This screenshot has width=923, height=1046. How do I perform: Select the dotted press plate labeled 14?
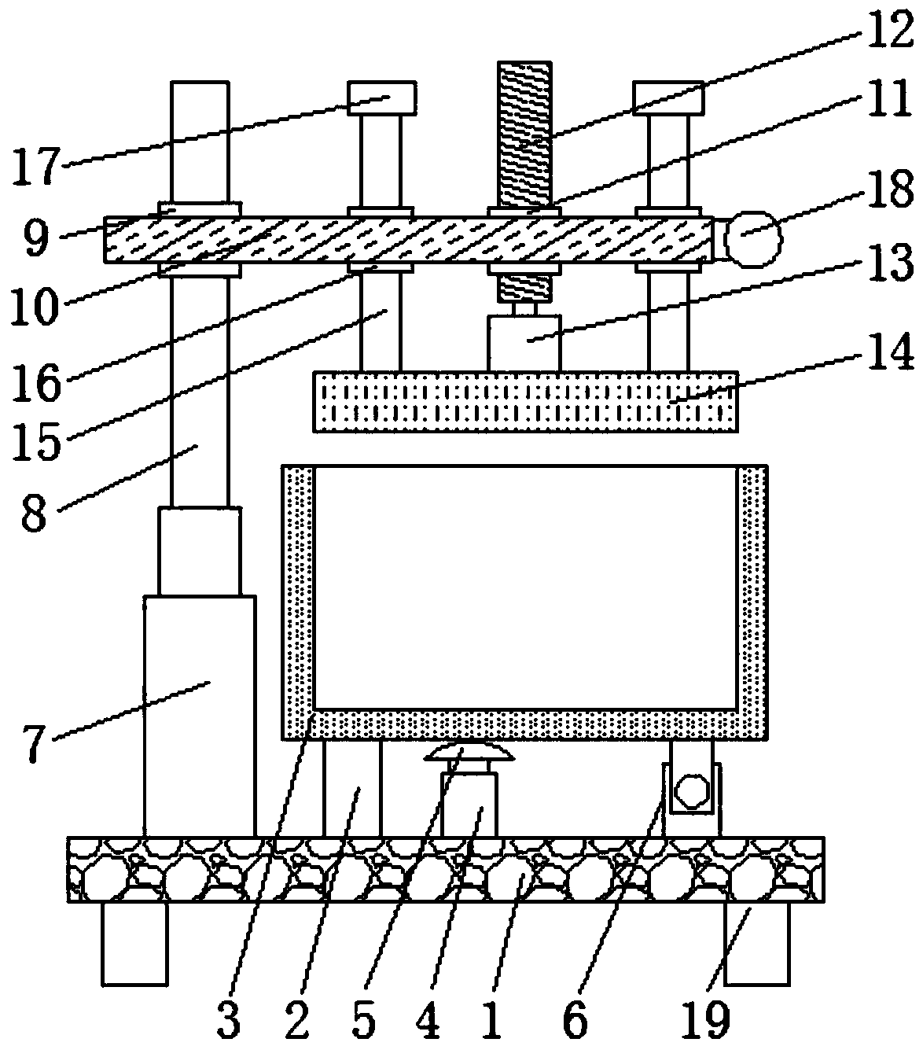click(525, 401)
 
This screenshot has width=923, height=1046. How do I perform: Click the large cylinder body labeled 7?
click(200, 716)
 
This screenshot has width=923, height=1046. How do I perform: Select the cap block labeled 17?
click(382, 98)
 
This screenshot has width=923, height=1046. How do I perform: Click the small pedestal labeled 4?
click(469, 805)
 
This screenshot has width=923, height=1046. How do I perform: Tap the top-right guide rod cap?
click(668, 98)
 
